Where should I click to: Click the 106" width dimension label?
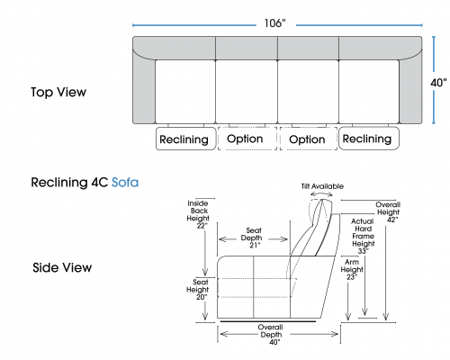[x=274, y=23]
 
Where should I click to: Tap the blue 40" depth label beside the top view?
[x=438, y=83]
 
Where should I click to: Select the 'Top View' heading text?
[x=58, y=92]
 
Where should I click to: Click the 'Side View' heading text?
[x=62, y=267]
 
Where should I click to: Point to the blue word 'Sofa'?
[x=125, y=183]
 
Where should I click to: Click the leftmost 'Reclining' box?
[x=186, y=139]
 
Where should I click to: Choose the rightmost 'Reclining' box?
[x=369, y=139]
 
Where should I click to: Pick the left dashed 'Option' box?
[x=247, y=139]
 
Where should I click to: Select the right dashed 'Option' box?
[x=309, y=139]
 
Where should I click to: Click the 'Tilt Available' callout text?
[x=322, y=186]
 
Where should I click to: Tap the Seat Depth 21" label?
[x=253, y=238]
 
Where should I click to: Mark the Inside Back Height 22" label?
[x=198, y=214]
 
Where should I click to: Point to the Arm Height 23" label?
[x=352, y=269]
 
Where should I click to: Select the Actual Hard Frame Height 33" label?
[x=363, y=236]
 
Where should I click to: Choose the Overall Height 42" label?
[x=388, y=212]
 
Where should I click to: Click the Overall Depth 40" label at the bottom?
[x=271, y=335]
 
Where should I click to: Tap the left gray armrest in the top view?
[x=144, y=90]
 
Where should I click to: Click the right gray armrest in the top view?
[x=410, y=90]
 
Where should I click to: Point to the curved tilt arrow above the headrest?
[x=321, y=193]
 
